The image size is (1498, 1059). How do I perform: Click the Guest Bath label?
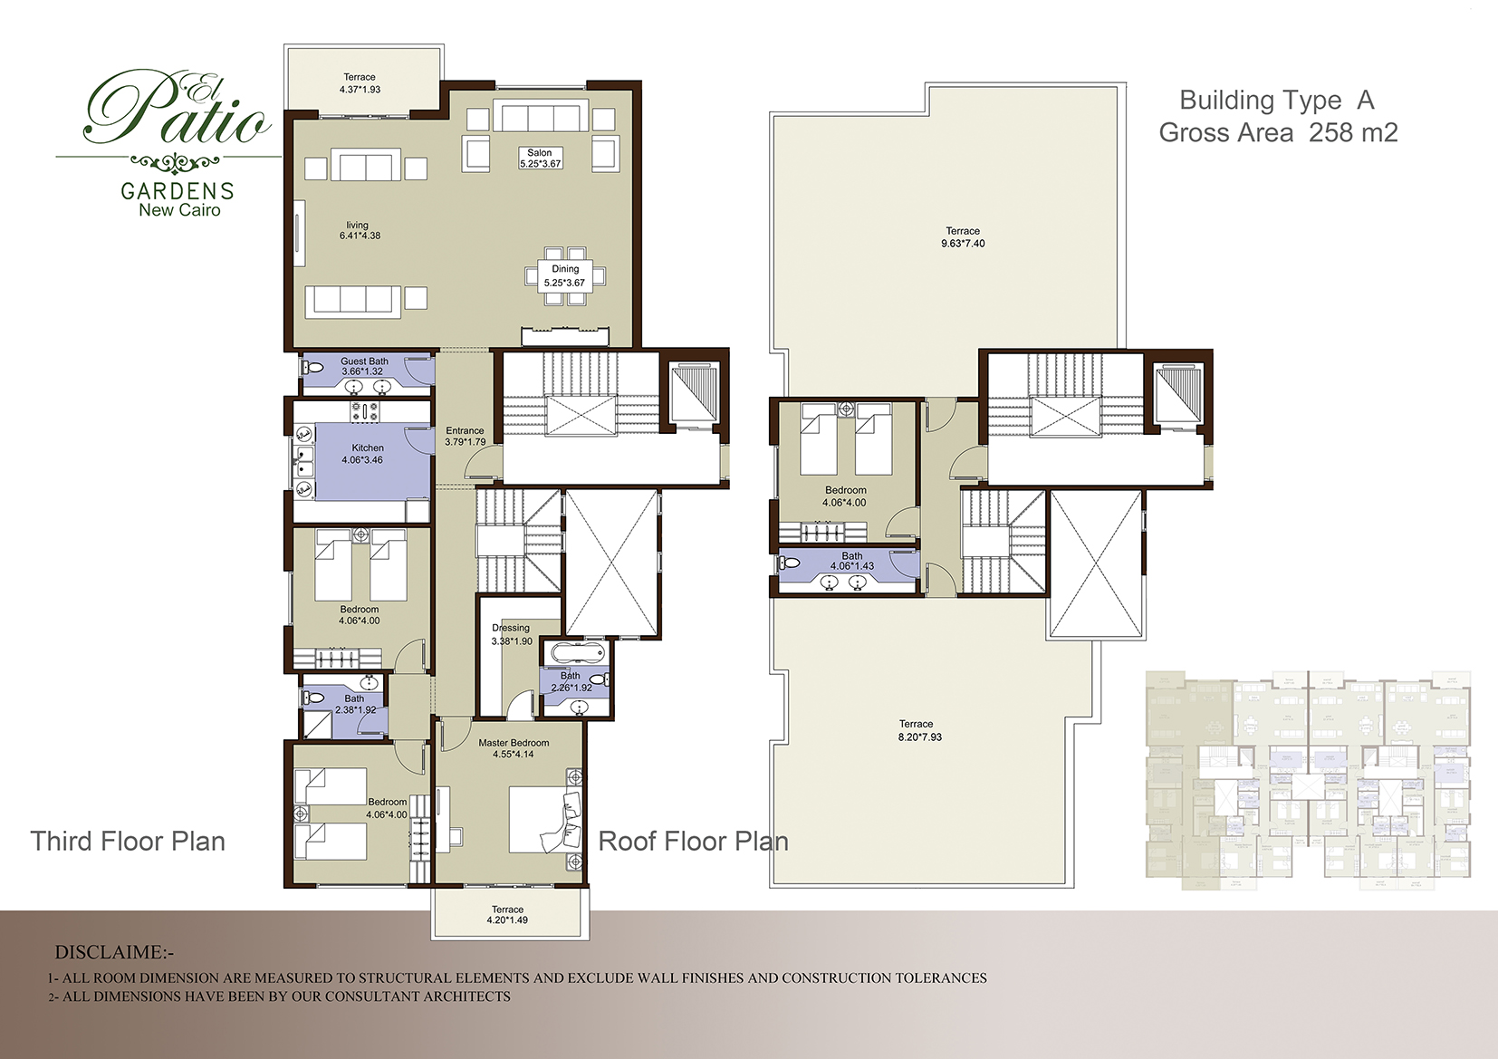pyautogui.click(x=364, y=361)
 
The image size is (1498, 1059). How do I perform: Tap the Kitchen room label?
pyautogui.click(x=368, y=448)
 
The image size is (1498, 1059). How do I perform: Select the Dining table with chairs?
pyautogui.click(x=565, y=275)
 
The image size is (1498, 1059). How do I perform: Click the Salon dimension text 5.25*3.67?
pyautogui.click(x=540, y=164)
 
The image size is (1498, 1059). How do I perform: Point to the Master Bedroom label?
pyautogui.click(x=514, y=743)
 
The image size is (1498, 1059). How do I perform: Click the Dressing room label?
pyautogui.click(x=511, y=628)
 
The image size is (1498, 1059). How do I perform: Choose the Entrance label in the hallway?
pyautogui.click(x=465, y=431)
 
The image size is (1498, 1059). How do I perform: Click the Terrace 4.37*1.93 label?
pyautogui.click(x=360, y=83)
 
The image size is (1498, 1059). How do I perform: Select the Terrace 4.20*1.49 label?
pyautogui.click(x=508, y=915)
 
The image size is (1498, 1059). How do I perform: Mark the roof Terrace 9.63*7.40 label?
pyautogui.click(x=963, y=237)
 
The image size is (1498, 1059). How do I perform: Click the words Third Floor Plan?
pyautogui.click(x=128, y=842)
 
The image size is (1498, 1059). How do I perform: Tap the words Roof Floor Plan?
pyautogui.click(x=693, y=842)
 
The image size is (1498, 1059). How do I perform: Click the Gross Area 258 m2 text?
pyautogui.click(x=1278, y=133)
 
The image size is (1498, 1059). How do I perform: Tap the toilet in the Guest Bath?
pyautogui.click(x=312, y=368)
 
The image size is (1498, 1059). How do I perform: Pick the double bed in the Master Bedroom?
pyautogui.click(x=543, y=820)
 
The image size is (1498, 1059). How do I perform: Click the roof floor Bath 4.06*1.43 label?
pyautogui.click(x=852, y=562)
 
